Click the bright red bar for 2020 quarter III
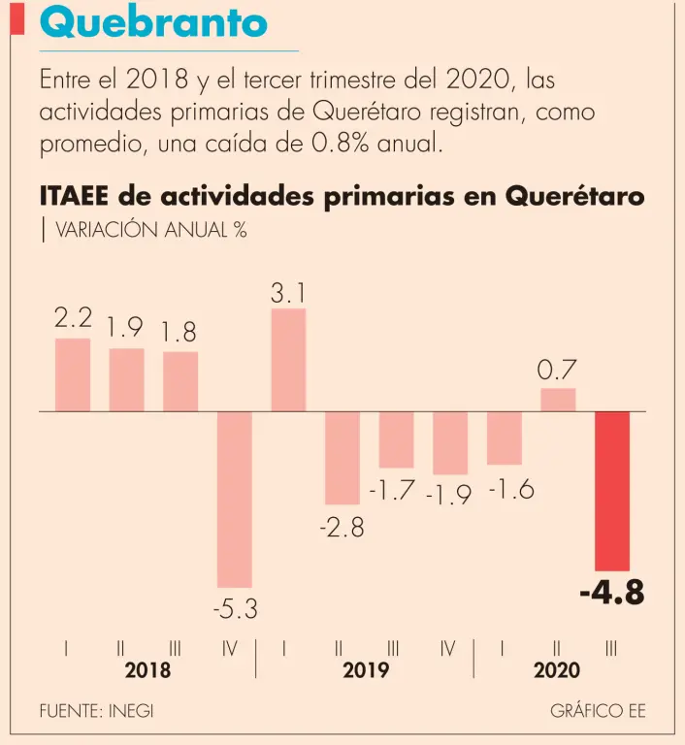(611, 491)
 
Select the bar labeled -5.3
(234, 499)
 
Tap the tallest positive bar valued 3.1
(288, 360)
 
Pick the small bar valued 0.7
(558, 400)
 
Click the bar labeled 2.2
(73, 374)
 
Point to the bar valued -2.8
(342, 458)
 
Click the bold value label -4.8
(611, 593)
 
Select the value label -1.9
(448, 496)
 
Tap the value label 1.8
(179, 333)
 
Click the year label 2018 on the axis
(147, 671)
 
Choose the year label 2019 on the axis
(366, 671)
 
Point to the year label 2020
(556, 671)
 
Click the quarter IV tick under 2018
(230, 648)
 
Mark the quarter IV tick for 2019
(447, 648)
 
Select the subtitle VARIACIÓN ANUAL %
(150, 230)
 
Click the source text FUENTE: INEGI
(96, 711)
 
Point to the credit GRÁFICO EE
(598, 711)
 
